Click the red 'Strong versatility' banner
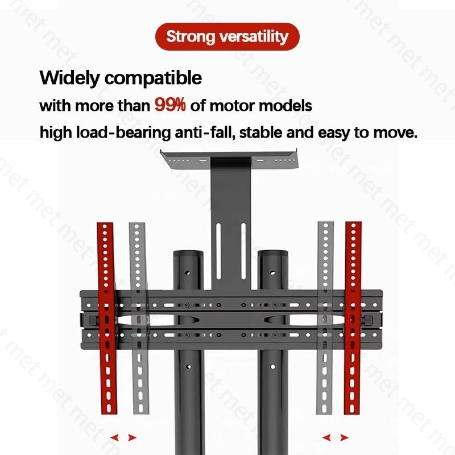coord(227,37)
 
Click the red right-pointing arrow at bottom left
coord(133,437)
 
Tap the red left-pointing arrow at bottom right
coord(327,437)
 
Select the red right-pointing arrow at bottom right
coord(345,437)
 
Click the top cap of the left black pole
coord(187,253)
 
